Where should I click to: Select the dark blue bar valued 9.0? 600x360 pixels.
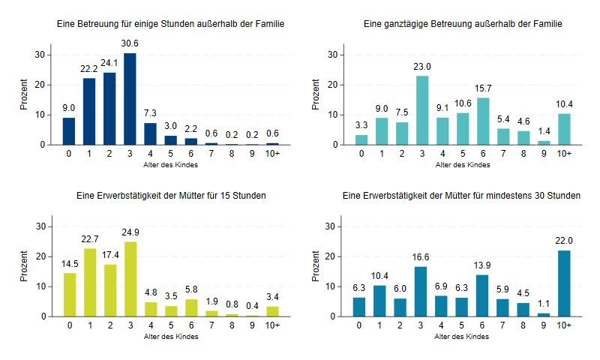[69, 131]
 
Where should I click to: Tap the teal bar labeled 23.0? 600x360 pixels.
[422, 110]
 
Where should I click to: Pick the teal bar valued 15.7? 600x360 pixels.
[483, 121]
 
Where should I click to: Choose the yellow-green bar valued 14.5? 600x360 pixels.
[69, 295]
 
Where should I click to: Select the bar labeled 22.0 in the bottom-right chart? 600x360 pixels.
[564, 283]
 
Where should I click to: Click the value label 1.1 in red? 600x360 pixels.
[543, 304]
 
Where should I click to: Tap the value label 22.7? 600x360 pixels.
[89, 239]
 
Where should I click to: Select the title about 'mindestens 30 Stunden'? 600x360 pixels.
[460, 196]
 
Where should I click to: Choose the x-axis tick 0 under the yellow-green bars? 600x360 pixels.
[69, 325]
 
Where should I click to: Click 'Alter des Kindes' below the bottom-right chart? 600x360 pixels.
[463, 337]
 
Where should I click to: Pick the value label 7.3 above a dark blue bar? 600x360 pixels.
[150, 114]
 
